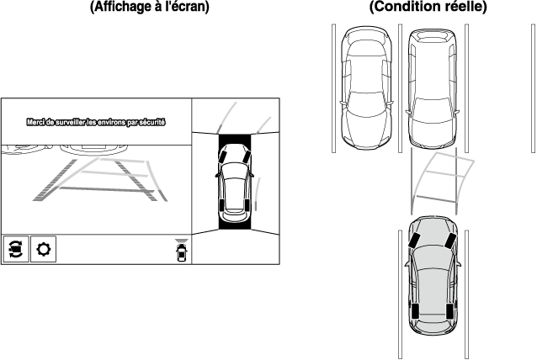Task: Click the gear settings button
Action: coord(43,249)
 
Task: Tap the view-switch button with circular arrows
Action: coord(16,249)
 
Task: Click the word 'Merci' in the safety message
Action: coord(35,122)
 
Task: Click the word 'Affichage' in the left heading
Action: coord(122,7)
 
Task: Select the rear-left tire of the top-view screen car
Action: coord(221,205)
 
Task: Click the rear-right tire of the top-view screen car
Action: coord(247,205)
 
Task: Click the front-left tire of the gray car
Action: coord(414,241)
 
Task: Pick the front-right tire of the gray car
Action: coord(451,241)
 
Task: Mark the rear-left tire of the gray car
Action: coord(416,310)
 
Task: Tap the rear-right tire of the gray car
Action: coord(450,310)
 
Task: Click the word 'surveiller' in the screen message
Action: coord(70,122)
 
